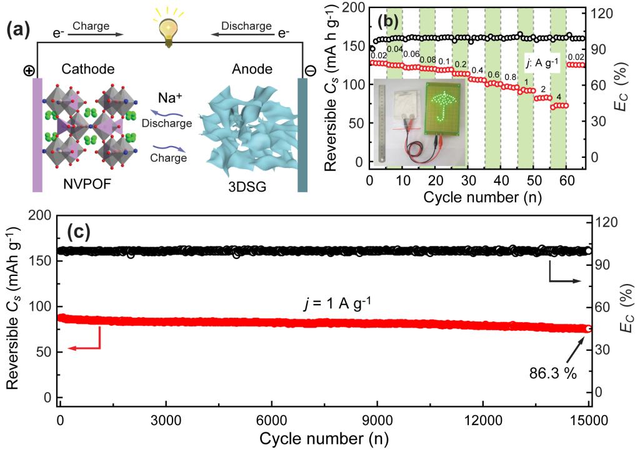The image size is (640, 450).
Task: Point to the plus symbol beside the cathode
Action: coord(29,71)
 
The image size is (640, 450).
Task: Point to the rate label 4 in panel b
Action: coord(558,96)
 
